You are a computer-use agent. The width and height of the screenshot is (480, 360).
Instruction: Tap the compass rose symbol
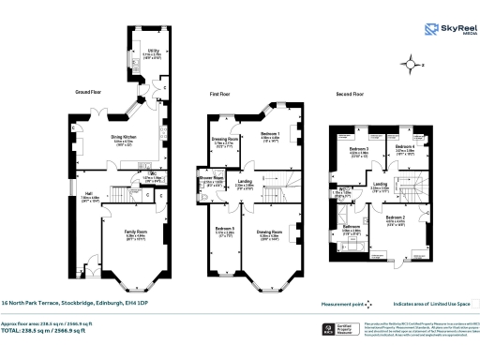click(x=410, y=65)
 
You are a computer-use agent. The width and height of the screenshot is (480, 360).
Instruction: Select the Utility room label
click(x=153, y=52)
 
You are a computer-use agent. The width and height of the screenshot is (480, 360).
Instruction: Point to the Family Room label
click(x=137, y=230)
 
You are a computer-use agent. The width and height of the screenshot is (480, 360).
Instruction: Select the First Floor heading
click(x=219, y=95)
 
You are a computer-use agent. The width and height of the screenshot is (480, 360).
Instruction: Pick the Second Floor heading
click(x=349, y=95)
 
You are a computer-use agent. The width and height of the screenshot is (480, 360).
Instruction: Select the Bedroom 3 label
click(x=358, y=149)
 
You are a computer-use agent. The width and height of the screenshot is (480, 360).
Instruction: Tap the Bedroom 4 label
click(x=405, y=149)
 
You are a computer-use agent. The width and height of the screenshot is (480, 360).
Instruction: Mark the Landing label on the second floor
click(x=380, y=184)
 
